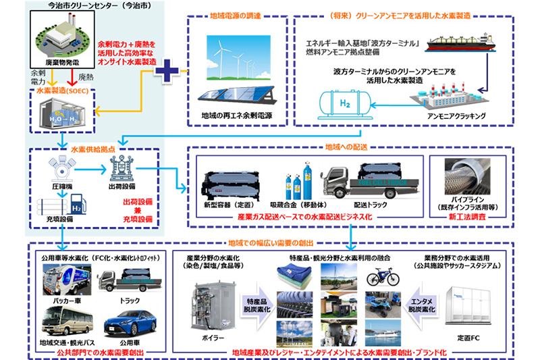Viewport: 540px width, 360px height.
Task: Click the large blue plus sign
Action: point(167,70)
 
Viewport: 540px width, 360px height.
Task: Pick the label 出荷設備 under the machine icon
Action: point(122,186)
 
